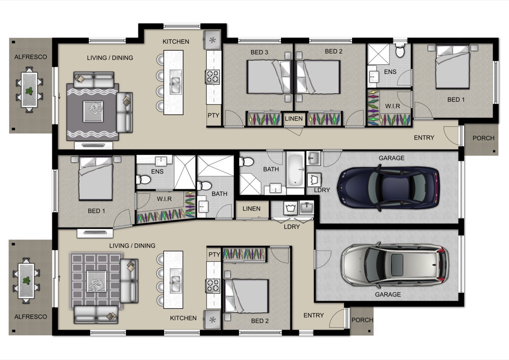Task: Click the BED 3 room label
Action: [259, 52]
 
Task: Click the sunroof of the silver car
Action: [397, 265]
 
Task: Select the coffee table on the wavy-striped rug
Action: [93, 112]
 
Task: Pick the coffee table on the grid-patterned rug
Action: [97, 281]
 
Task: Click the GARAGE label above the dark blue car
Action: [392, 158]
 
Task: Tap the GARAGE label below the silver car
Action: [388, 295]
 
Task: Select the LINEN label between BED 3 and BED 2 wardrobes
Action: [294, 119]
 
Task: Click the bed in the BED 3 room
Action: [269, 77]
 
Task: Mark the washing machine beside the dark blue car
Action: [314, 180]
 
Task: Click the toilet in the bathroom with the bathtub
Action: [247, 162]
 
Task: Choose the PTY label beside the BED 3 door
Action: [213, 116]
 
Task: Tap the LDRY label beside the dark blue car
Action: [322, 190]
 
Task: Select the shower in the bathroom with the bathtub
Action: [250, 184]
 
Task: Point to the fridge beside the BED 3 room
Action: [212, 40]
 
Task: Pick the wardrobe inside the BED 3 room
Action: [264, 118]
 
